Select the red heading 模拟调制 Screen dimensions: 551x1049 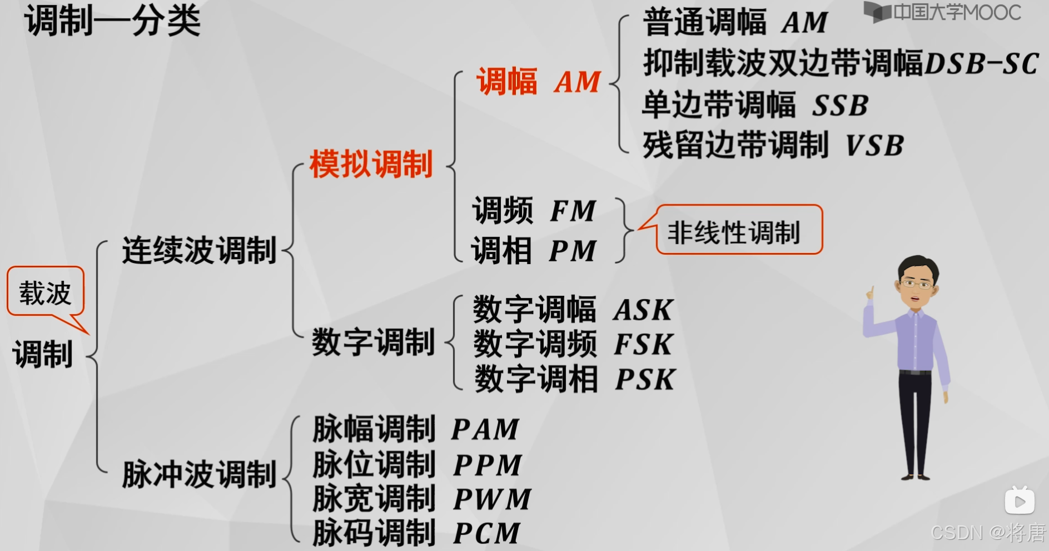tap(371, 164)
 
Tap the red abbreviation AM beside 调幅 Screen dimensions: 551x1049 tap(578, 82)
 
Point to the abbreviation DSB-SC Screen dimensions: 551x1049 tap(981, 63)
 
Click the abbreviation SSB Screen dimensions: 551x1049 tap(840, 105)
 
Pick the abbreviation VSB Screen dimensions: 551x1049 tap(874, 146)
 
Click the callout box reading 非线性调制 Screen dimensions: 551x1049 tap(734, 231)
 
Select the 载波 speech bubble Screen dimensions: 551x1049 tap(46, 292)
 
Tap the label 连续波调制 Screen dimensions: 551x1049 tap(199, 250)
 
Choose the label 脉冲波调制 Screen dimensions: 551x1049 tap(199, 474)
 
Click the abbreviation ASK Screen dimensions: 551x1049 tap(643, 310)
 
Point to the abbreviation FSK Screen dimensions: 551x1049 tap(643, 344)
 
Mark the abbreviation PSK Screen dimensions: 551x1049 tap(645, 379)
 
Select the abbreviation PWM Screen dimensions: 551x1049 tap(492, 499)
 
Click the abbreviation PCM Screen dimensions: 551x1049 tap(486, 533)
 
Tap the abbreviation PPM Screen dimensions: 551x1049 tap(488, 465)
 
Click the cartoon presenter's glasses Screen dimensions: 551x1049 tap(916, 284)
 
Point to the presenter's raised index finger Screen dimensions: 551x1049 tap(870, 291)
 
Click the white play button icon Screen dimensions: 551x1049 tap(1020, 502)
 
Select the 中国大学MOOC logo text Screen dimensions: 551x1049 tap(956, 12)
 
